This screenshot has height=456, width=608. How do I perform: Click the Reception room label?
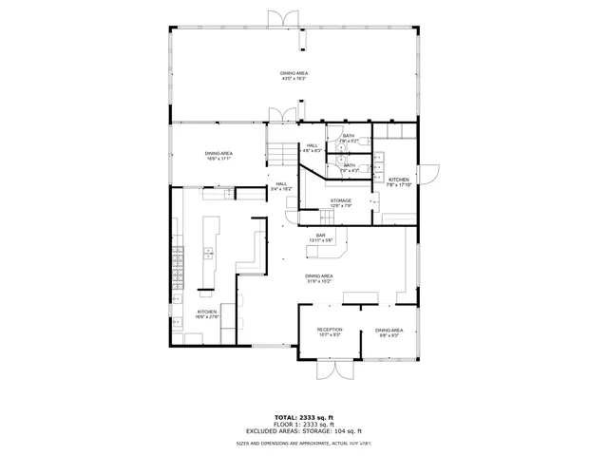[x=330, y=332]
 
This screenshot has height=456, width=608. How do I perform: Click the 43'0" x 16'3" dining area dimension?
[x=294, y=79]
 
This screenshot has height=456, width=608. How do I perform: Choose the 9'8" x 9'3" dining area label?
[x=389, y=332]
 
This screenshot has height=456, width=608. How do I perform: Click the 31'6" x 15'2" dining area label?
[x=319, y=278]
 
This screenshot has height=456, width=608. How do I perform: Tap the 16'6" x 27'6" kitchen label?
[x=207, y=313]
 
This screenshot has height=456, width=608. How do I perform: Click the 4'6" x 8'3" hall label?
[x=313, y=147]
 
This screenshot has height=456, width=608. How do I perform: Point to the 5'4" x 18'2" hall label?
[x=281, y=186]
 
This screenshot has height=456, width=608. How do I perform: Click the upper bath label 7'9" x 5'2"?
[x=349, y=139]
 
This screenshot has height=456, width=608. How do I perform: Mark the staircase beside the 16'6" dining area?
[x=279, y=152]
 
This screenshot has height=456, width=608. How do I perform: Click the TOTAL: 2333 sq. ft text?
[x=304, y=417]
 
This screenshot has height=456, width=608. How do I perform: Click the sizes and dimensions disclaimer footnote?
[x=304, y=443]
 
